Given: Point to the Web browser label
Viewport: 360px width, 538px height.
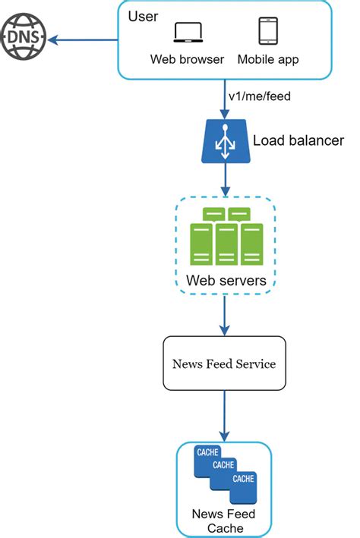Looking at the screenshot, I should coord(187,59).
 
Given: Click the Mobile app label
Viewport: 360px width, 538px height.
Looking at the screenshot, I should coord(269,59).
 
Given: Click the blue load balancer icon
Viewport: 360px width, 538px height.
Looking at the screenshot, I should coord(224,140).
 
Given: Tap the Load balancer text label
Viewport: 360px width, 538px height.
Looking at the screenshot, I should coord(298,140).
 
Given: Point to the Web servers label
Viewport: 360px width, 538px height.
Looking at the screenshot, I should coord(225,281).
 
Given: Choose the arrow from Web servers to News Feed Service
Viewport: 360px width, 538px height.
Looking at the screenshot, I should coord(224,315).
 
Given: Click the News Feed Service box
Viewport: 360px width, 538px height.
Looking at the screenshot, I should coord(224,364).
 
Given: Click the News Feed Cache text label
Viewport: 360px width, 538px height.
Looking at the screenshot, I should coord(224,521).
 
